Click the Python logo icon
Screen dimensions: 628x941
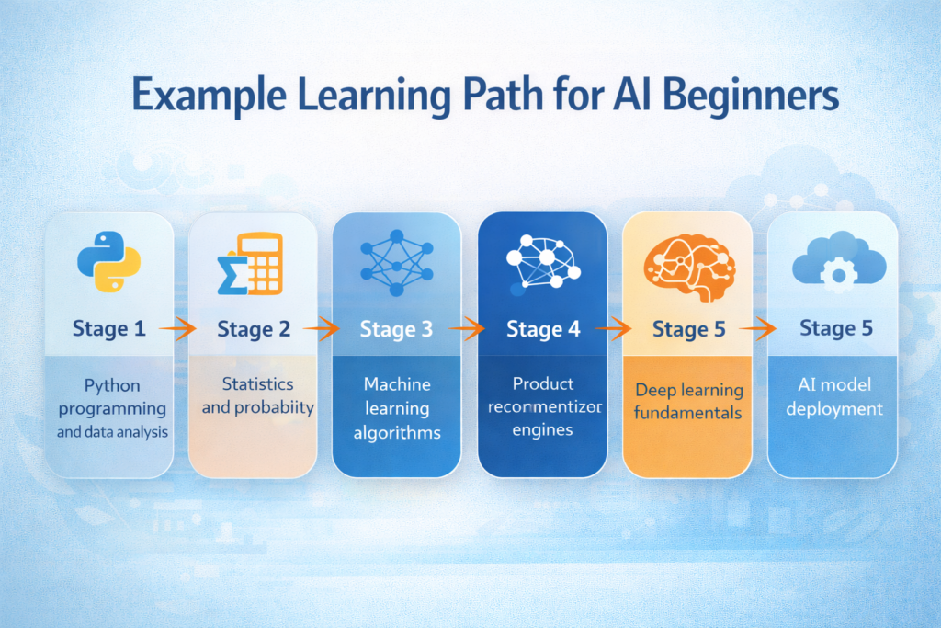coord(108,263)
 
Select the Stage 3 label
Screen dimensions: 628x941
coord(396,328)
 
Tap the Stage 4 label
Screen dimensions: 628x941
coord(543,328)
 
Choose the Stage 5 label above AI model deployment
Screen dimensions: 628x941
coord(836,327)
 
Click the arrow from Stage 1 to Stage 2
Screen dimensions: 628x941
coord(177,327)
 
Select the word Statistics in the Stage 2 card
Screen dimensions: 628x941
coord(257,383)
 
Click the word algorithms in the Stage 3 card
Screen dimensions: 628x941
coord(396,432)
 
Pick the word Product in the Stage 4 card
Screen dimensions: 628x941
coord(542,383)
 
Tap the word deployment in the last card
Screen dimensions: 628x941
coord(834,408)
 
